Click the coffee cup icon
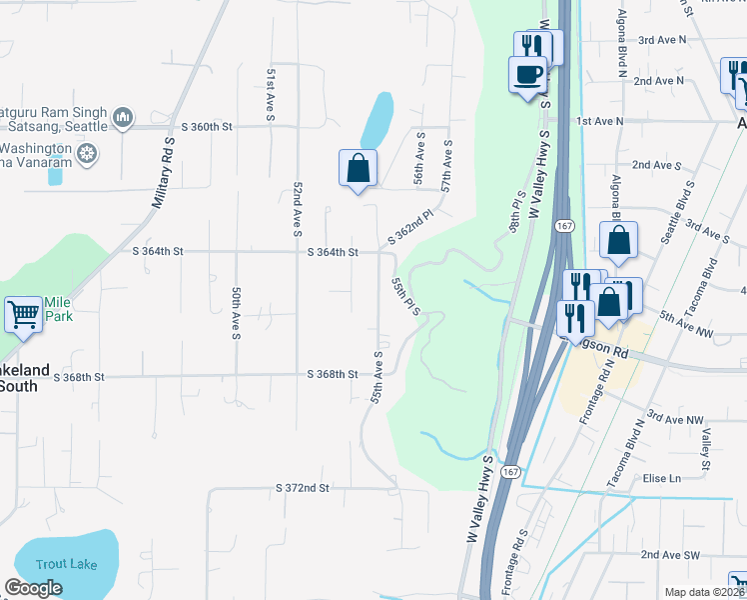pos(527,74)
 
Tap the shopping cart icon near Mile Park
pos(24,314)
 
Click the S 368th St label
pos(332,375)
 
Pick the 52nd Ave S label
pos(298,209)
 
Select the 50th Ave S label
pos(236,313)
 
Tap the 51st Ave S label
pos(271,95)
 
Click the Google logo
pos(33,588)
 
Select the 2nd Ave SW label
pos(669,554)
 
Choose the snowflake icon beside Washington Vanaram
pos(88,154)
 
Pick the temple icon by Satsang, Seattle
pos(123,118)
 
